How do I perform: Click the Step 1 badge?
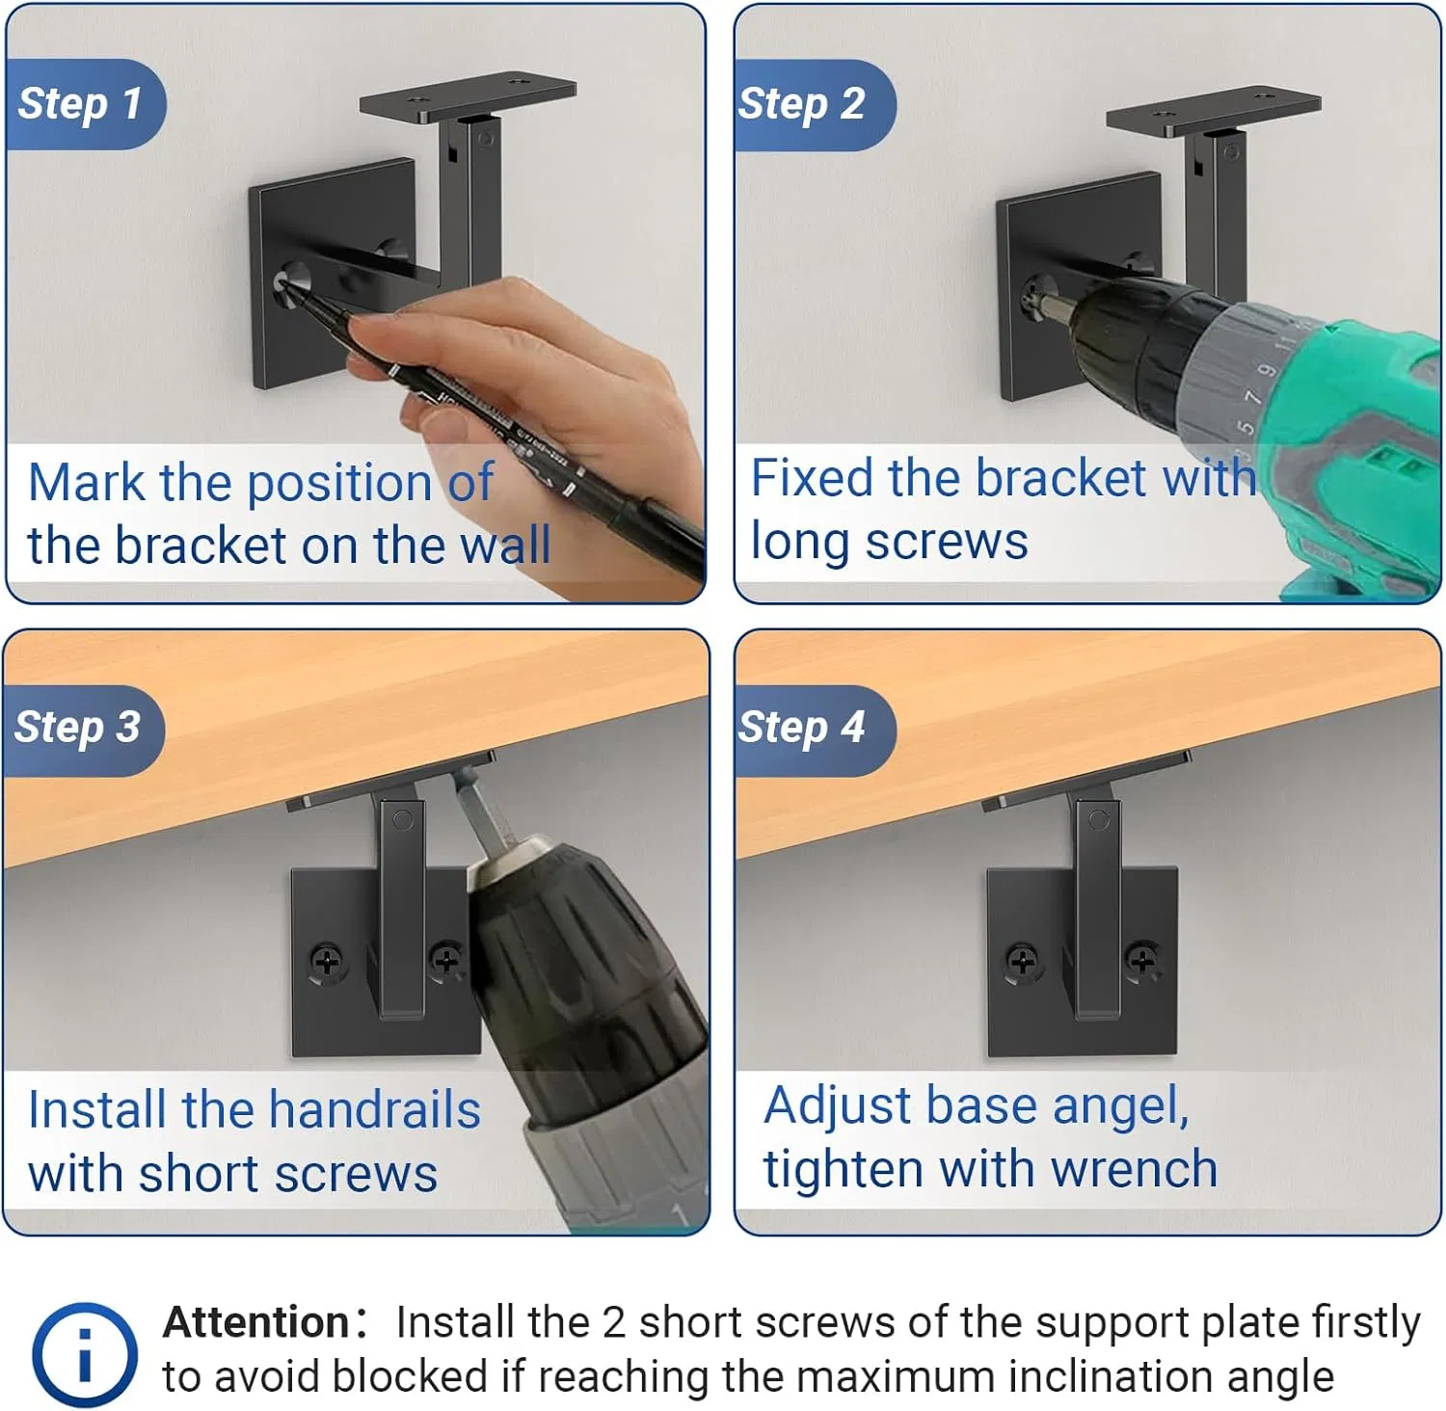(81, 104)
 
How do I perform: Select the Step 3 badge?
(79, 728)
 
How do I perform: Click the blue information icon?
(85, 1353)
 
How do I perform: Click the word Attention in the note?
(256, 1322)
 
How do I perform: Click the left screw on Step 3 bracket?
(327, 961)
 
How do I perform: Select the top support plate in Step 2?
(1213, 111)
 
